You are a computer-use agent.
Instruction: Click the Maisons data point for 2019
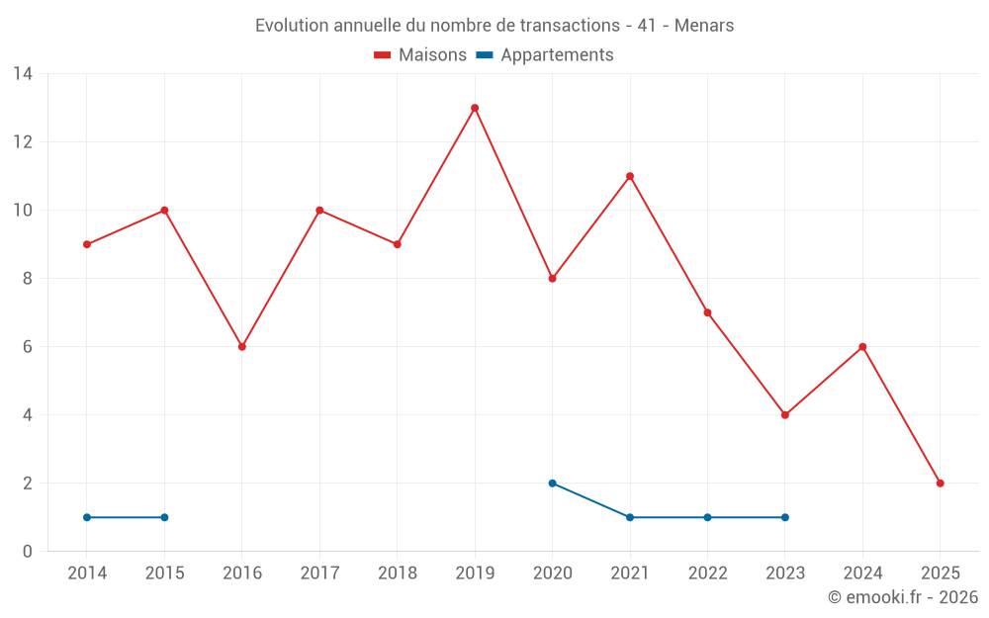475,108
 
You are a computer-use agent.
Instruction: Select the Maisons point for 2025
940,484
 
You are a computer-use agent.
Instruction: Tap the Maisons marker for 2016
241,347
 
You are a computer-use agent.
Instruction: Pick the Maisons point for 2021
630,176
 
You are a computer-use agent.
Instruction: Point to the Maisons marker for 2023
785,415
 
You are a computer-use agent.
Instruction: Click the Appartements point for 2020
552,484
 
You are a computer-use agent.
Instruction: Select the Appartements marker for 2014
87,517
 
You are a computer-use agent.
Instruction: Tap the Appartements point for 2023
785,517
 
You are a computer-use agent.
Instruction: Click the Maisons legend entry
420,55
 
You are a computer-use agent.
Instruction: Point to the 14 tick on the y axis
23,74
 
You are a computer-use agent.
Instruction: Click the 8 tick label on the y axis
28,279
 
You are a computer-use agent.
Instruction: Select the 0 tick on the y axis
28,552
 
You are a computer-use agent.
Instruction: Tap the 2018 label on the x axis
397,574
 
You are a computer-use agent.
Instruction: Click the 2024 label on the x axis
862,574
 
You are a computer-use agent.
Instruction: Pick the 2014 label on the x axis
87,574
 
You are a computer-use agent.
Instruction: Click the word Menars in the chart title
704,26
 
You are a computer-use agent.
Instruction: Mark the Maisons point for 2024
862,347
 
